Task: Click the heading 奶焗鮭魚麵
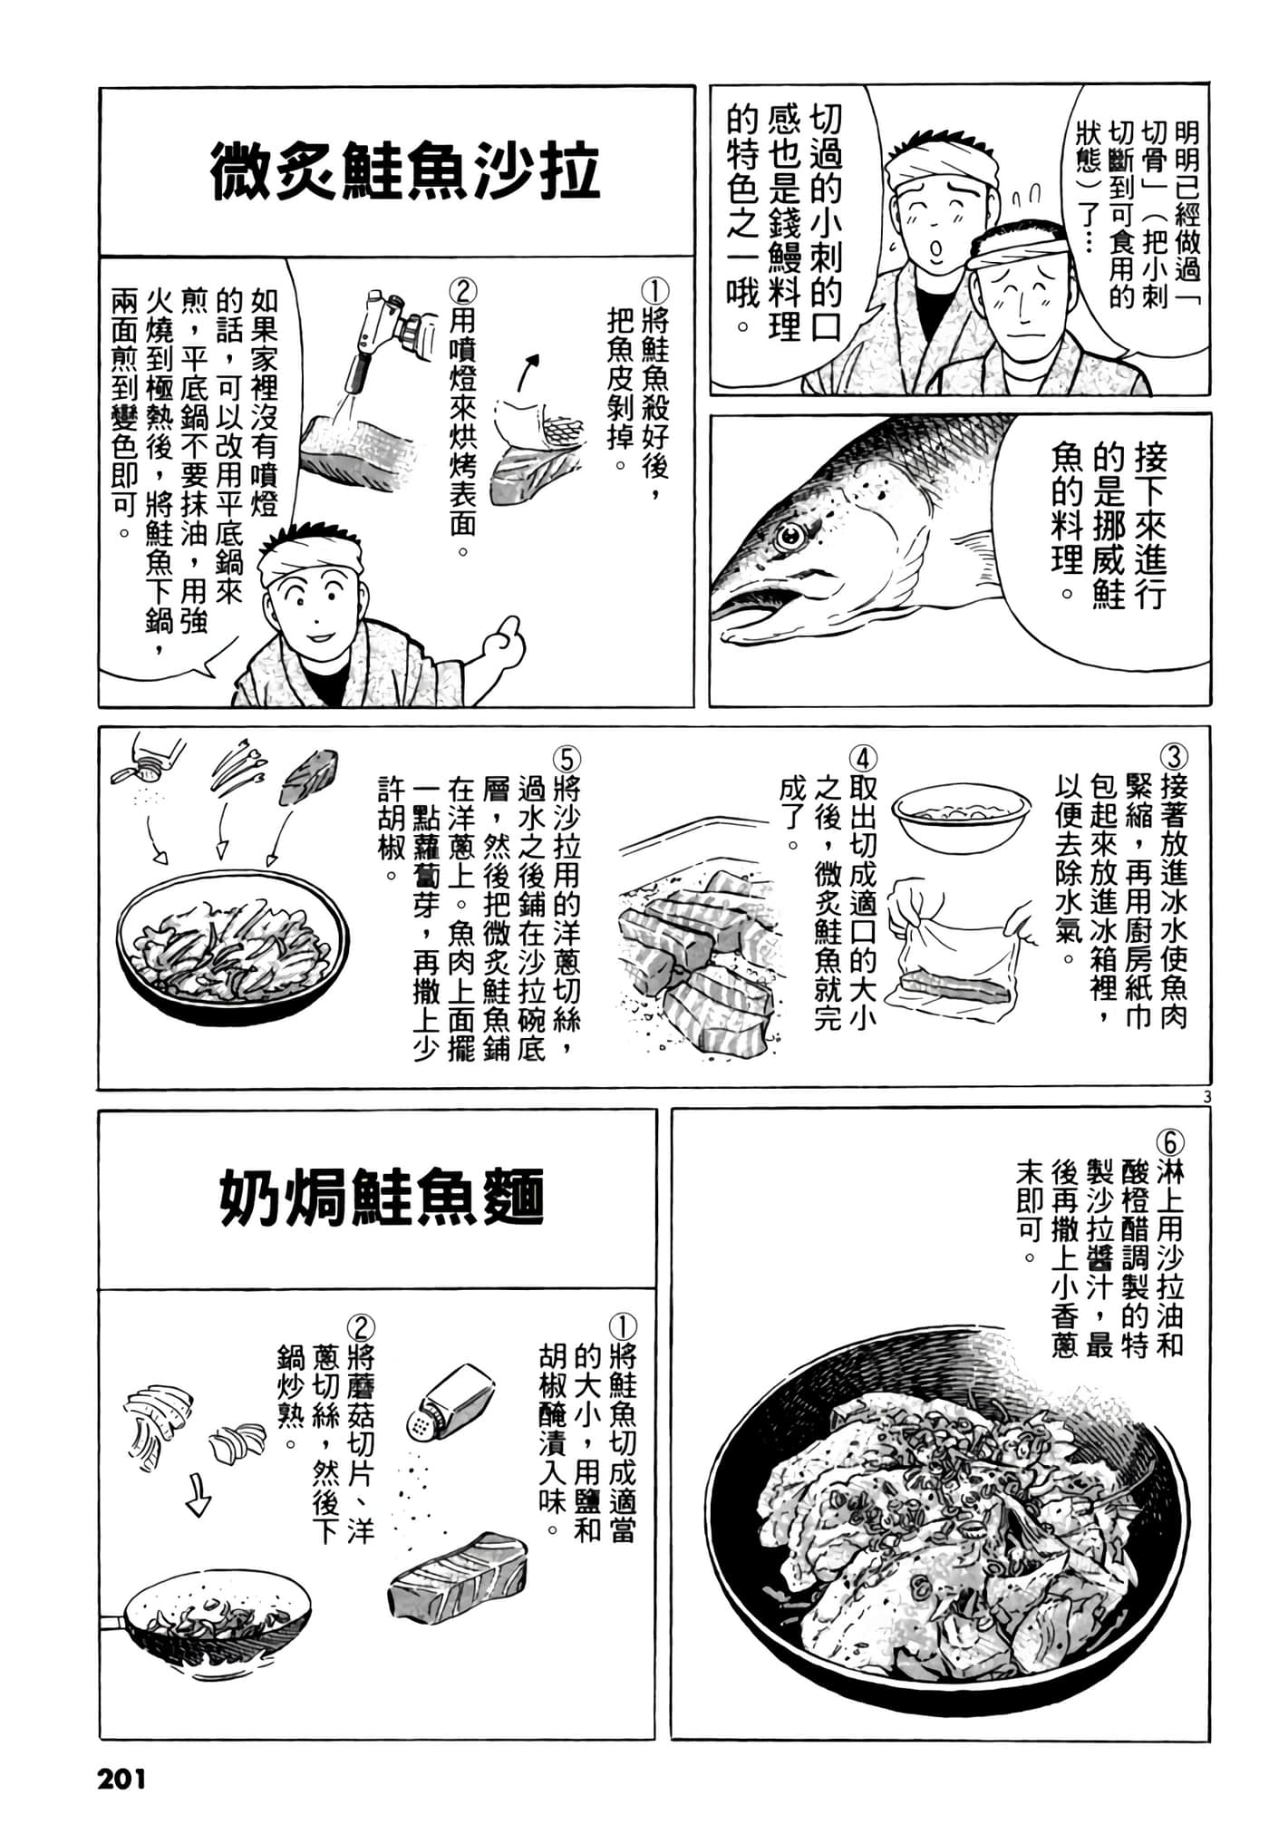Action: (x=382, y=1197)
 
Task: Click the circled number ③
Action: (x=1173, y=758)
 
